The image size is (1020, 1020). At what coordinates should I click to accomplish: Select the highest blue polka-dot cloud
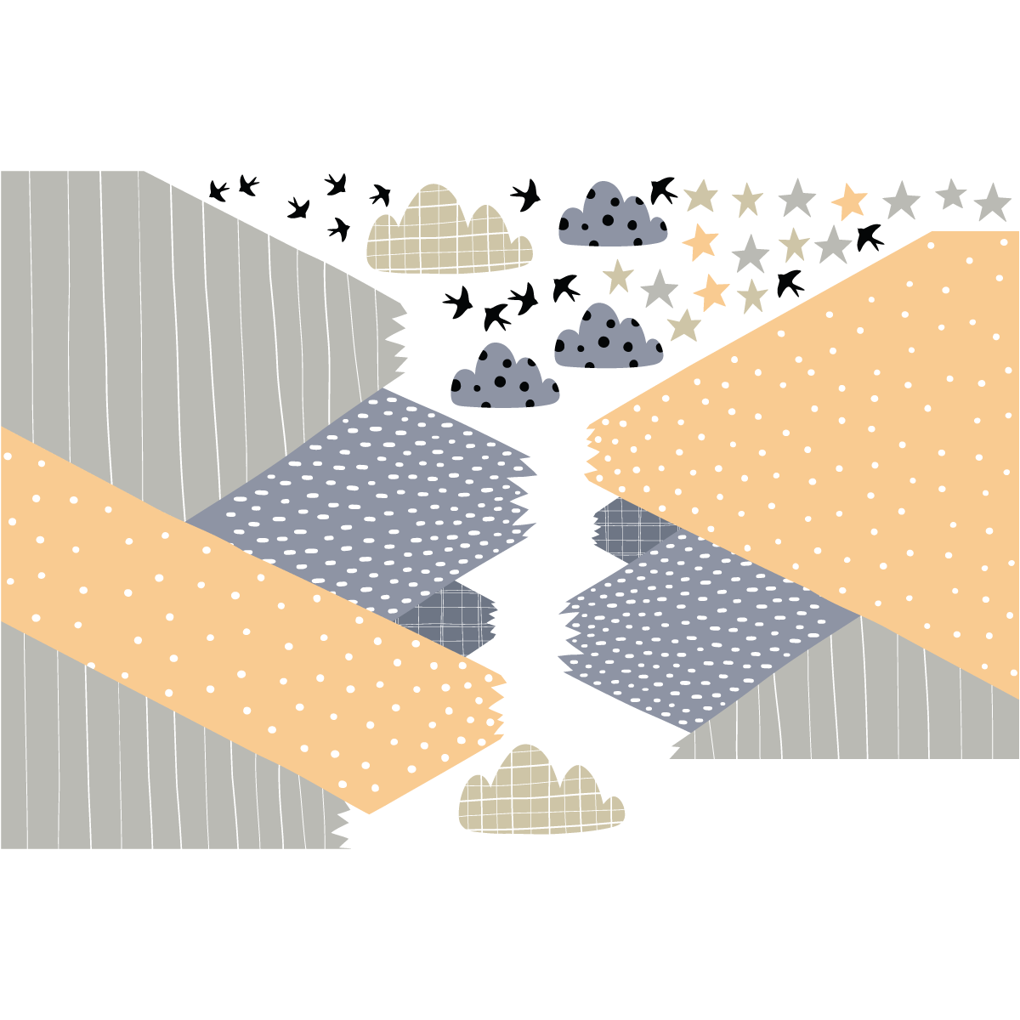tap(612, 217)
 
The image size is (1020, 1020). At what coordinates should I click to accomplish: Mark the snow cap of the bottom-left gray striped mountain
tap(366, 828)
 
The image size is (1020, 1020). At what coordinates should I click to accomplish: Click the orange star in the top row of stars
tap(849, 202)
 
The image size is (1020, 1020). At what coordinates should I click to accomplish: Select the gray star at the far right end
tap(992, 203)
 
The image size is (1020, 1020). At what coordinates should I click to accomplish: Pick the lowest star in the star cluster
tap(684, 326)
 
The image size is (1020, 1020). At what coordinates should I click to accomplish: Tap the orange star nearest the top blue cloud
tap(700, 241)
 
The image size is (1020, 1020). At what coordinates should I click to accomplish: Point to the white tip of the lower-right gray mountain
tap(668, 751)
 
